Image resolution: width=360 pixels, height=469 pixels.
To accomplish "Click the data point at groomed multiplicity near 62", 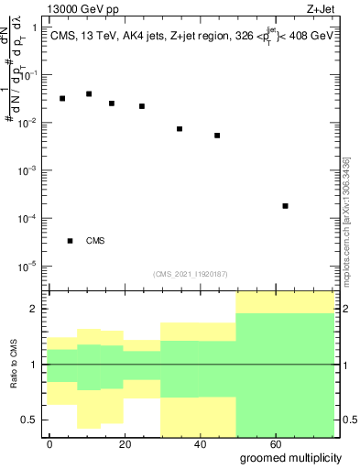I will coord(286,206).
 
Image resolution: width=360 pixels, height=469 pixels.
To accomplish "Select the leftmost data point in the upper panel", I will coord(62,98).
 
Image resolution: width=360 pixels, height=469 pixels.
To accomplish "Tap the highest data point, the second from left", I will coord(89,93).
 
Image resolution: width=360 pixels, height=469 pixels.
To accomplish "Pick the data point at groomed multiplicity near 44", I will coord(217,136).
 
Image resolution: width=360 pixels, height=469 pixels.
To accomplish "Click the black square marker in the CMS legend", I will coord(70,241).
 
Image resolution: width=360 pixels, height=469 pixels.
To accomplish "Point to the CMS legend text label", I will coord(95,241).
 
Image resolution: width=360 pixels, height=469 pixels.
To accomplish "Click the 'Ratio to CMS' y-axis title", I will coord(16,365).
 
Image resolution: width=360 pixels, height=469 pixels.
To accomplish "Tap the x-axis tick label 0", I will coord(50,442).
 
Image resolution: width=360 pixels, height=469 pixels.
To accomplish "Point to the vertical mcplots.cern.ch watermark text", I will coord(346,219).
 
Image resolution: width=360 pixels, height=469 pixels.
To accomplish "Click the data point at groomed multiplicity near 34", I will coord(180,129).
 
